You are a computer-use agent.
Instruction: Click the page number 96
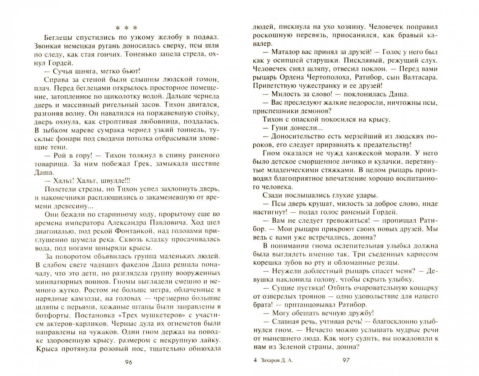tap(128, 362)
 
